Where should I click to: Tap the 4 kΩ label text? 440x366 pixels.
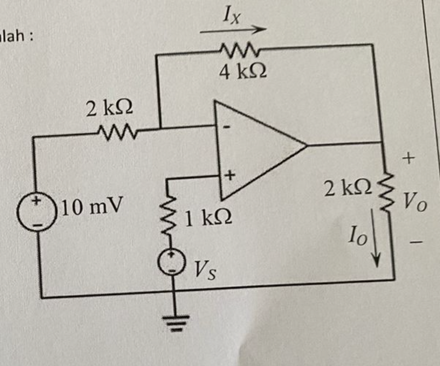(x=242, y=72)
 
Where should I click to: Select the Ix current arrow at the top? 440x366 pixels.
(x=233, y=29)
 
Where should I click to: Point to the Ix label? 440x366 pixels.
(x=232, y=17)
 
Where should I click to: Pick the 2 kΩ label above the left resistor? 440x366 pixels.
(x=109, y=109)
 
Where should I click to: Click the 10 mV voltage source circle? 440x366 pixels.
(x=36, y=212)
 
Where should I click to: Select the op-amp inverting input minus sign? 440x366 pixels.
(x=228, y=127)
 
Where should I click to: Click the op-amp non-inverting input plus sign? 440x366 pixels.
(x=230, y=175)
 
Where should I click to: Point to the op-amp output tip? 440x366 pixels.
(x=307, y=145)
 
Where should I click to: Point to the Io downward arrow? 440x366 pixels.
(x=376, y=238)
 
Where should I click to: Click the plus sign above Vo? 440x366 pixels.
(x=409, y=158)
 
